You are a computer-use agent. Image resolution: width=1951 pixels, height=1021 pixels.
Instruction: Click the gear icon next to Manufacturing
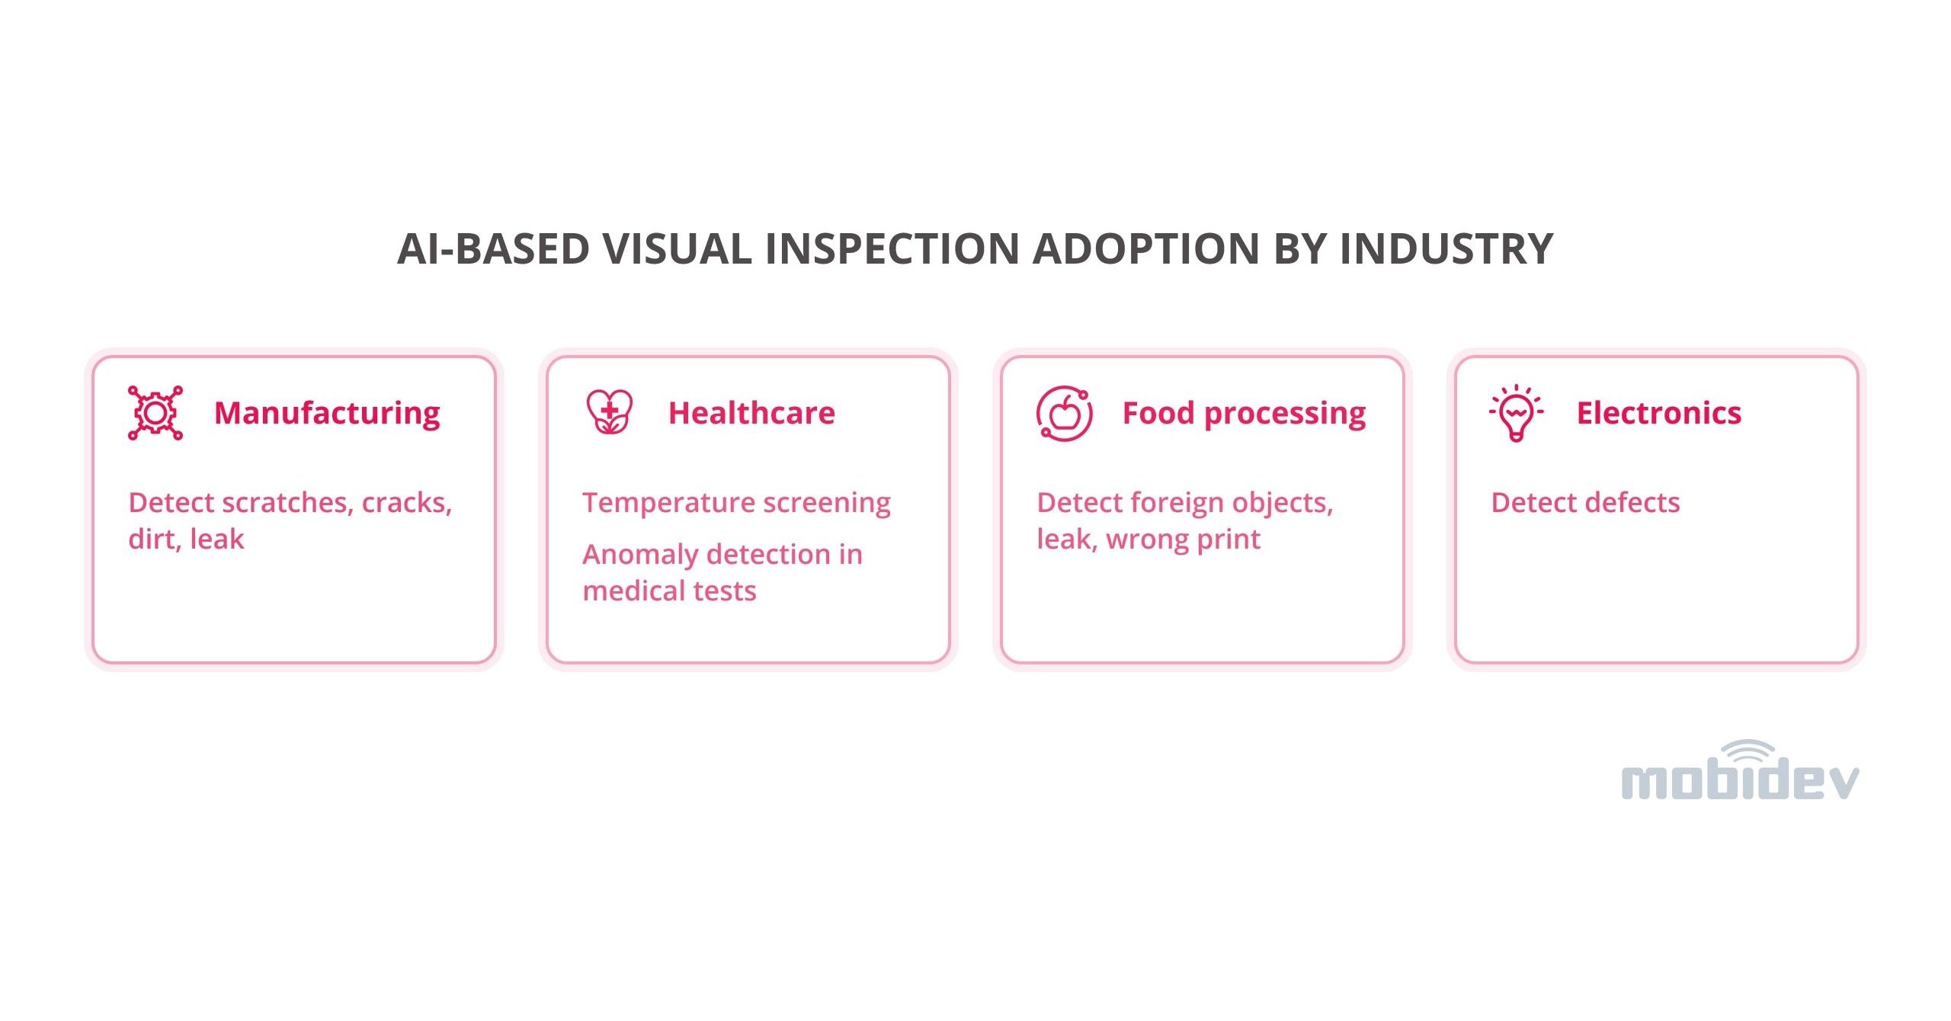pos(155,413)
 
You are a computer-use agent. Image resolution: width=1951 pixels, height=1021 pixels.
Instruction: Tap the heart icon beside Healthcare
pos(609,412)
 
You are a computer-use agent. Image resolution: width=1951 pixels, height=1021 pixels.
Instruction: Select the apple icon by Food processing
pos(1064,414)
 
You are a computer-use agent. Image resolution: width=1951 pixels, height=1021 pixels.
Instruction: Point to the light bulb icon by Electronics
pos(1516,413)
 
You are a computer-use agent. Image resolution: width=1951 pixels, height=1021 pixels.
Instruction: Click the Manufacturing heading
pos(327,413)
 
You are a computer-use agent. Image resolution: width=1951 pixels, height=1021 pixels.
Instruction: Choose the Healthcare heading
pos(751,413)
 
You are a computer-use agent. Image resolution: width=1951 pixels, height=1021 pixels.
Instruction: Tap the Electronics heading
pos(1658,413)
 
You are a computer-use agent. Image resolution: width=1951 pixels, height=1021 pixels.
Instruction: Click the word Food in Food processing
pos(1158,413)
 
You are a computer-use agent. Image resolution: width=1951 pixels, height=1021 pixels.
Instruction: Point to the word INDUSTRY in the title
pos(1446,249)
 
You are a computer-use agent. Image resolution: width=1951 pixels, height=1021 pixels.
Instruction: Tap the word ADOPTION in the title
pos(1145,249)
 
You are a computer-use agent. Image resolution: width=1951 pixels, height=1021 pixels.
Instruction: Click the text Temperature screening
pos(736,503)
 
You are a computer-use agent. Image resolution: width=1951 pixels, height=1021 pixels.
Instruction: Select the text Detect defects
pos(1585,503)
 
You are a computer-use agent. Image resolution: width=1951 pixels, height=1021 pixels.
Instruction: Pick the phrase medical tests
pos(669,591)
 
